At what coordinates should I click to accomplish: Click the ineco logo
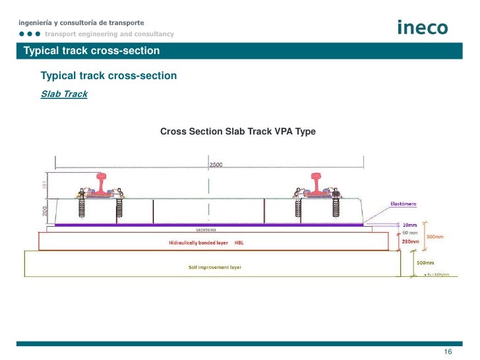pos(423,27)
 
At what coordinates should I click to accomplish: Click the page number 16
pos(448,352)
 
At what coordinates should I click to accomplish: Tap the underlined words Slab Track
pos(64,94)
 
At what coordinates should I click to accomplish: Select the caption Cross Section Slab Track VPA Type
pos(238,132)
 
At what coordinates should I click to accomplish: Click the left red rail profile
pos(102,183)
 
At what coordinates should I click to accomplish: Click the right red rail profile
pos(319,183)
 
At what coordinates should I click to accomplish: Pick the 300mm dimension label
pos(435,236)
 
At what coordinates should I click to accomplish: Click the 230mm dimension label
pos(410,242)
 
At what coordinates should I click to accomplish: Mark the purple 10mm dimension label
pos(409,225)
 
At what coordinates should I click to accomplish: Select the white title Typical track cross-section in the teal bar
pos(91,51)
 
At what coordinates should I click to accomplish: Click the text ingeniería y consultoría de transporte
pos(81,23)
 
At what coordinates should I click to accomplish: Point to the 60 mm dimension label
pos(409,233)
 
